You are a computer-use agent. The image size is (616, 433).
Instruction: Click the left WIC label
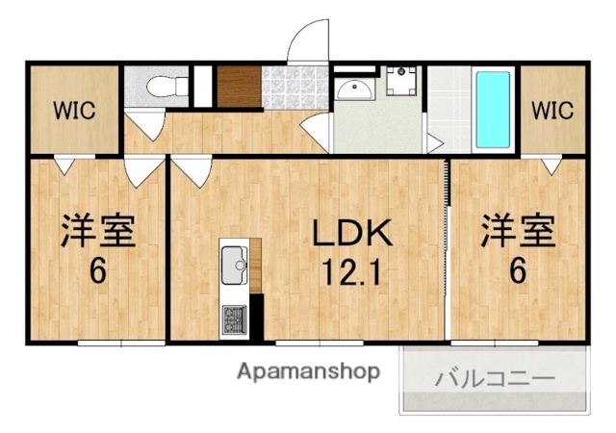pyautogui.click(x=74, y=110)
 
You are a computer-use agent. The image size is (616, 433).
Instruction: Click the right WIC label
pyautogui.click(x=552, y=110)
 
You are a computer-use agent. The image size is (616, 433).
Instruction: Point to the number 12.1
pyautogui.click(x=351, y=272)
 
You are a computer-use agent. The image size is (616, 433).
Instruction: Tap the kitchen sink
pyautogui.click(x=234, y=265)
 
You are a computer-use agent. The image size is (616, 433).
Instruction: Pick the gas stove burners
pyautogui.click(x=234, y=317)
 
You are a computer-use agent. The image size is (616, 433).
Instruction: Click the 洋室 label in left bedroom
pyautogui.click(x=97, y=232)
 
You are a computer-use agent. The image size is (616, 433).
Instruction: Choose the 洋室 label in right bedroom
pyautogui.click(x=518, y=232)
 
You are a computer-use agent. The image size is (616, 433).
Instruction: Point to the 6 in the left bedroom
pyautogui.click(x=97, y=271)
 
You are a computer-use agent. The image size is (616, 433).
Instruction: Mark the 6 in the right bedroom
pyautogui.click(x=518, y=271)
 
